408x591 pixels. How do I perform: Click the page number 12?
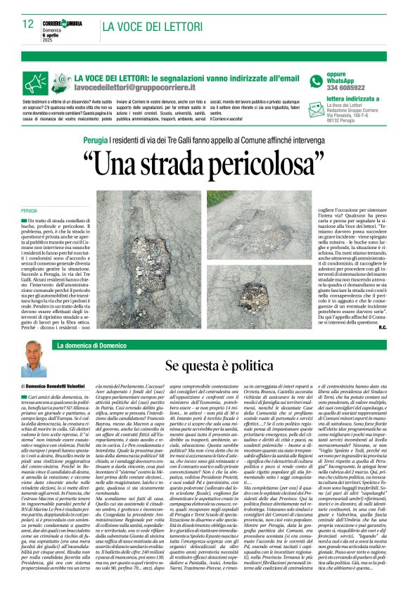(27, 23)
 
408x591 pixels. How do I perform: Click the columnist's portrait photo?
(33, 359)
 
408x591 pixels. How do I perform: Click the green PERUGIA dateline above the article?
(29, 210)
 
